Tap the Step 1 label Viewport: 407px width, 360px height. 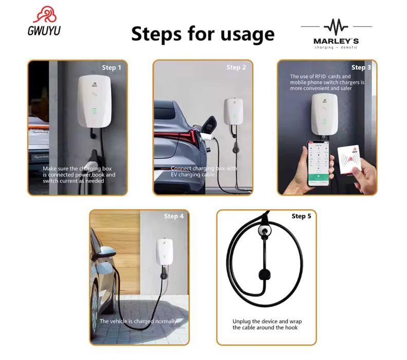[x=112, y=67]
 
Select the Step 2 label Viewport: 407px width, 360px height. [x=236, y=67]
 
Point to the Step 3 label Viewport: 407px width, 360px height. [x=361, y=67]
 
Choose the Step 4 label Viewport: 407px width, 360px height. [x=174, y=216]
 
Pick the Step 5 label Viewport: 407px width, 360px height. [x=301, y=216]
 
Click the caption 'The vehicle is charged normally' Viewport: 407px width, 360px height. [x=138, y=321]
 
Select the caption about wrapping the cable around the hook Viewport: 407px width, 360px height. [x=265, y=325]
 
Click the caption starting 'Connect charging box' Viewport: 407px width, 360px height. [x=203, y=172]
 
